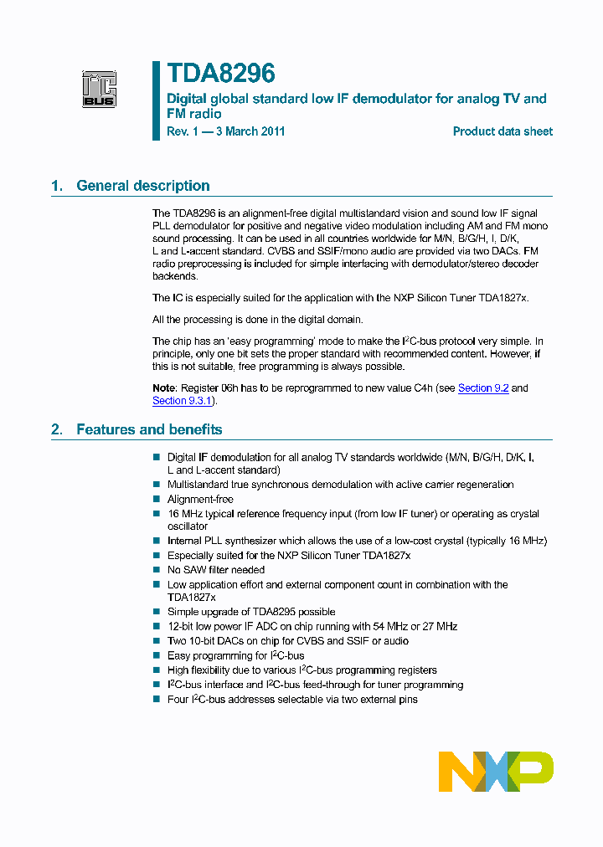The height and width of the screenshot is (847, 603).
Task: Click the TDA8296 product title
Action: point(221,74)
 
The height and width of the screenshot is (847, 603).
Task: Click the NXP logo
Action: point(496,771)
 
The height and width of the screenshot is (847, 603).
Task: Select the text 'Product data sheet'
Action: point(502,131)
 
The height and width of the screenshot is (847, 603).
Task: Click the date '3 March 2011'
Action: point(250,131)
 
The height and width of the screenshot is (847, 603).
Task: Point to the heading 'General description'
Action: point(143,186)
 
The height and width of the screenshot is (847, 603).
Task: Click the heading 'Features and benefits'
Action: point(149,429)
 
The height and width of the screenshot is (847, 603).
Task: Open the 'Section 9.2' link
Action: point(483,388)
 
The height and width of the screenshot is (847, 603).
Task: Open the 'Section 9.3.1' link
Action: point(183,401)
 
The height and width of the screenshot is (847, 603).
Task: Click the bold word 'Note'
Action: point(164,388)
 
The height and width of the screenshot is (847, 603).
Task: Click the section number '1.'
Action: point(57,186)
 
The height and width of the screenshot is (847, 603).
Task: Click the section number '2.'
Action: point(57,429)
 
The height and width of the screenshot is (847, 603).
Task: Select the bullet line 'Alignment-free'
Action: point(200,499)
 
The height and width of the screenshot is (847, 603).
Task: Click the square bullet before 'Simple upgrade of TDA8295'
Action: point(156,612)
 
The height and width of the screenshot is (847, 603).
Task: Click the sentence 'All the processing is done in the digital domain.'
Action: point(258,319)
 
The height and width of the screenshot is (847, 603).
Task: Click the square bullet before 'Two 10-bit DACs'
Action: point(156,640)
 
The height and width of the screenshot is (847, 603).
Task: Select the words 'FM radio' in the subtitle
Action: point(194,114)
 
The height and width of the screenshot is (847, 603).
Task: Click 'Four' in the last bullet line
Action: point(178,699)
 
